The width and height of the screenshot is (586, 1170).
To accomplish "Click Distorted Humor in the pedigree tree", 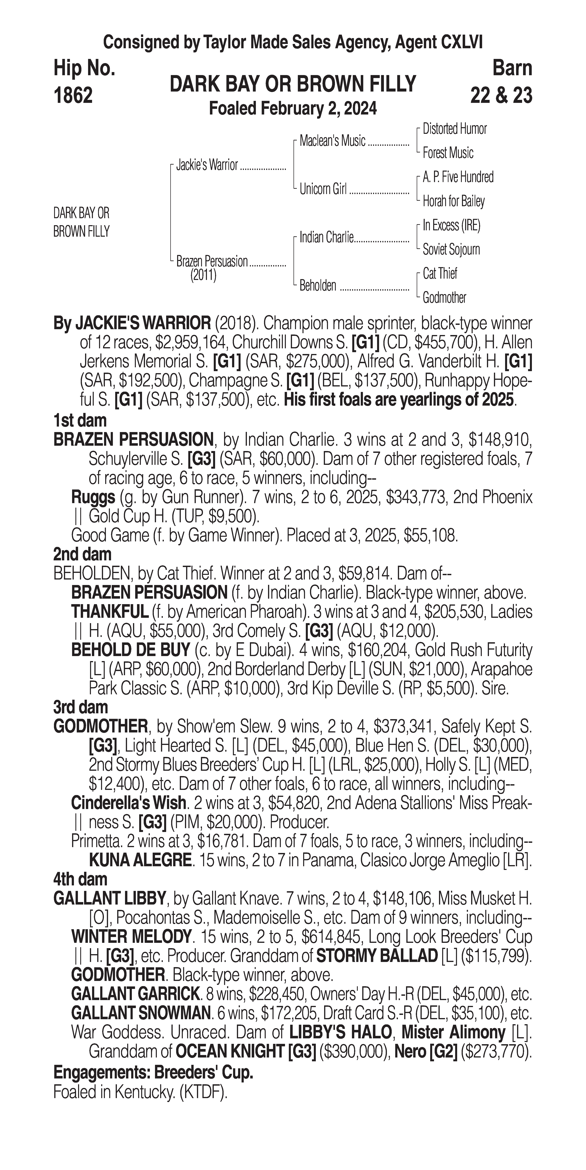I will click(x=454, y=129).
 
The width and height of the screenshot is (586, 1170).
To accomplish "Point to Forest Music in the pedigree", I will click(x=448, y=153).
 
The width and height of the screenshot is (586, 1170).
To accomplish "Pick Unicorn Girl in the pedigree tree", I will click(x=323, y=189).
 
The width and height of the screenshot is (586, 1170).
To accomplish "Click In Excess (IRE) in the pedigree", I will click(x=451, y=225).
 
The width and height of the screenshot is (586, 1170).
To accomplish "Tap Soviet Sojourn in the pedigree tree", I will click(x=451, y=249).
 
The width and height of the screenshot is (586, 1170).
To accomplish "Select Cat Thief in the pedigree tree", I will click(x=440, y=273).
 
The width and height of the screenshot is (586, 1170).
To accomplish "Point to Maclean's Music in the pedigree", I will click(x=332, y=141).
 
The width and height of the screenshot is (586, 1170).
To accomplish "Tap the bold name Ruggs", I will click(x=93, y=497).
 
